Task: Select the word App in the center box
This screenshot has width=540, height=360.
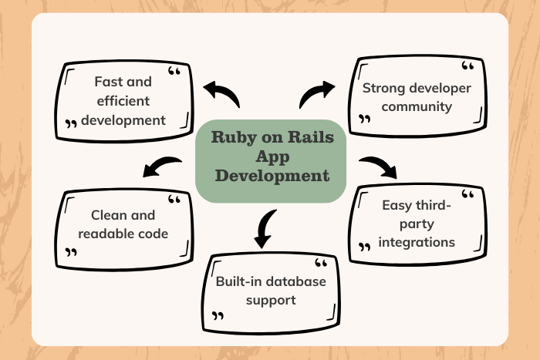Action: tap(272, 158)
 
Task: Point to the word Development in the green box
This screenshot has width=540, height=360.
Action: tap(272, 176)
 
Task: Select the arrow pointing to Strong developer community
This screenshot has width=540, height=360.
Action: tap(317, 94)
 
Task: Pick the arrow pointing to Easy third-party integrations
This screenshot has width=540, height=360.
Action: tap(378, 166)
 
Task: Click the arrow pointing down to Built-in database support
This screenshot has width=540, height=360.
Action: tap(265, 227)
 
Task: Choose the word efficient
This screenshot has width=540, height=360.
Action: tap(123, 100)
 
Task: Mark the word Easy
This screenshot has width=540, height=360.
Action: tap(398, 205)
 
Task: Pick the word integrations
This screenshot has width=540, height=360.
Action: tap(417, 243)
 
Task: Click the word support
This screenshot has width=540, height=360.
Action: tap(271, 300)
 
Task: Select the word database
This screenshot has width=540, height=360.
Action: tap(295, 281)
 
